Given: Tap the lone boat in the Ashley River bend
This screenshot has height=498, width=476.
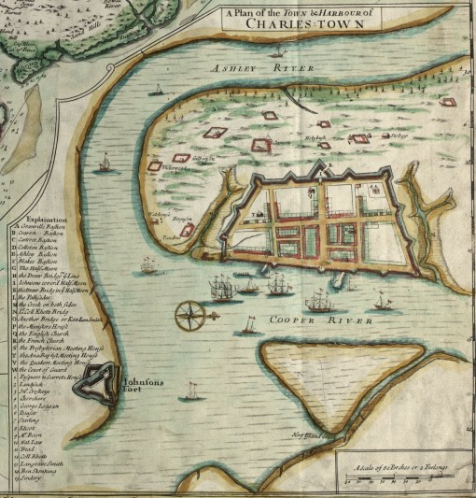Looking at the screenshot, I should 104,165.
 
